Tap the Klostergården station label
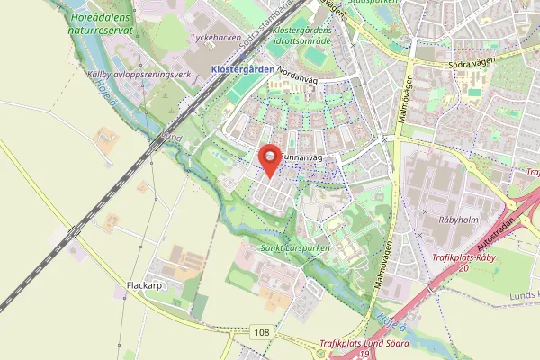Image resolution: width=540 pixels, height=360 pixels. pos(240,69)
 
